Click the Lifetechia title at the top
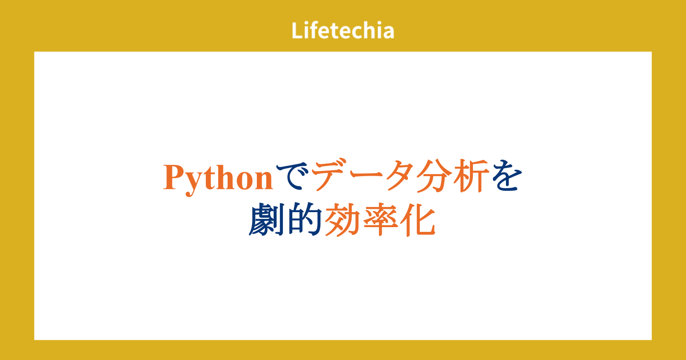pos(343,30)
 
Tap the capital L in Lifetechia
pos(297,30)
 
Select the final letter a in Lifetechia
pos(388,33)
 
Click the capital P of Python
pos(173,177)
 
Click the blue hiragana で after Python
pos(292,177)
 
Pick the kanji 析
pos(471,176)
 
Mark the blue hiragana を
pos(507,176)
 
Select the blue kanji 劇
pos(266,219)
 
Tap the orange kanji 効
pos(343,220)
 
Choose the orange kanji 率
pos(380,220)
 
